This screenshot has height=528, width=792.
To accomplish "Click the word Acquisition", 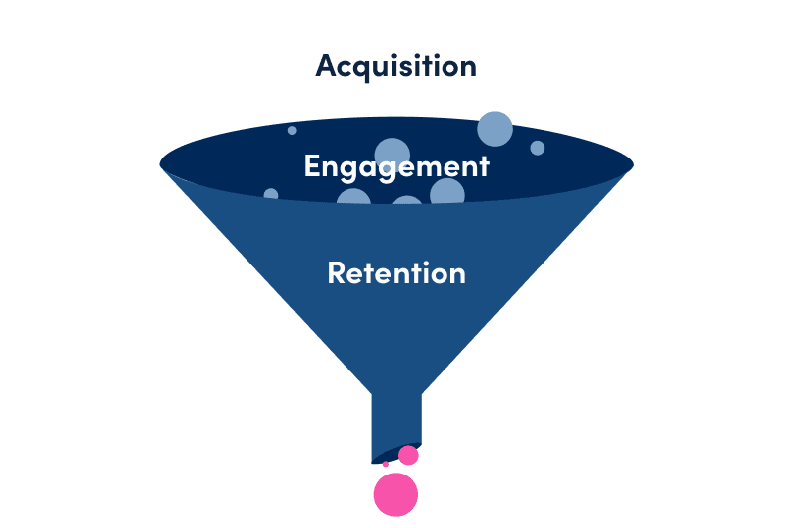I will click(396, 66).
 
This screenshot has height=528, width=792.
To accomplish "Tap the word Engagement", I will click(396, 165).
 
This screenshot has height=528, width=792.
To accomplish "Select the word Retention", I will click(396, 272).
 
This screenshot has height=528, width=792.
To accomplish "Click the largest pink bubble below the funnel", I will click(396, 494).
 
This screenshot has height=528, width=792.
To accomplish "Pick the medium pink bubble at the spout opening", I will click(408, 455).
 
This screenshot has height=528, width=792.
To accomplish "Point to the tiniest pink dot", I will click(386, 464).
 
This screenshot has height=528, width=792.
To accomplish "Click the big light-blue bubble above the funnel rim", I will click(495, 129).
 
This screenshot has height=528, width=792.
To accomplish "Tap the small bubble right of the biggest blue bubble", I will click(538, 148).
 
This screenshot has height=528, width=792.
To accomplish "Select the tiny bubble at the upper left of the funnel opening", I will click(292, 130).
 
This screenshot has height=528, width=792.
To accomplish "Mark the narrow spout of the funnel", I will click(396, 421).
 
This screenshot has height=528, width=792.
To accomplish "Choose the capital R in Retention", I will click(337, 272).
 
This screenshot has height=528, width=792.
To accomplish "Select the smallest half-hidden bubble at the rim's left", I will click(271, 194).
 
